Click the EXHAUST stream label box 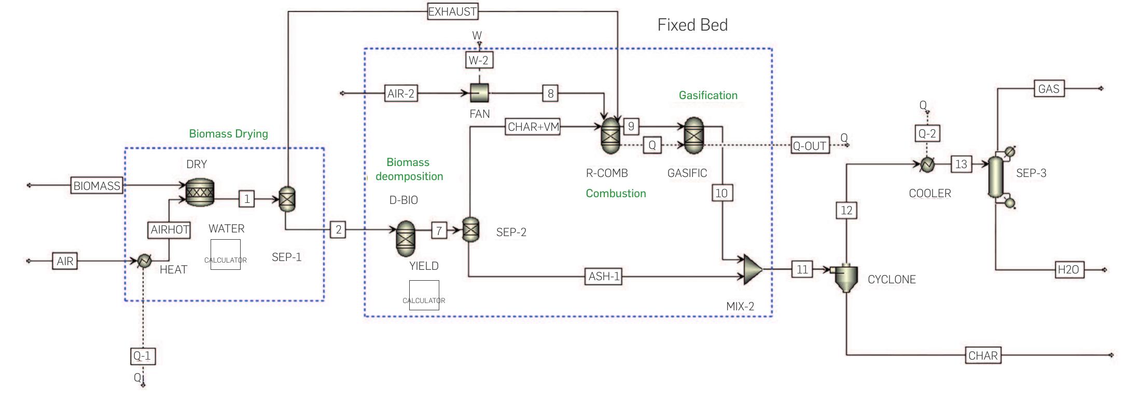coord(452,11)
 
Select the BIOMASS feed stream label coord(96,186)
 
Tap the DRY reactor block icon coord(200,192)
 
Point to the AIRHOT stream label coord(170,230)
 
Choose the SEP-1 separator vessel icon coord(287,199)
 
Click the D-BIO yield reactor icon coord(406,238)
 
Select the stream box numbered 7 coord(439,230)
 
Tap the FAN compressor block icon coord(480,93)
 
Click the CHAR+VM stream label coord(533,127)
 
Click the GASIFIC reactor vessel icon coord(693,135)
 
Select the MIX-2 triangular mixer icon coord(752,269)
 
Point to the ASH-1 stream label coord(604,277)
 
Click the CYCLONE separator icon coord(845,278)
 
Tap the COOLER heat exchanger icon coord(927,164)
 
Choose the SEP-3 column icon coord(995,177)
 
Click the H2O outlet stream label coord(1068,270)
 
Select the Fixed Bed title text coord(692,25)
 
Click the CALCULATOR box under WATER coord(226,254)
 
